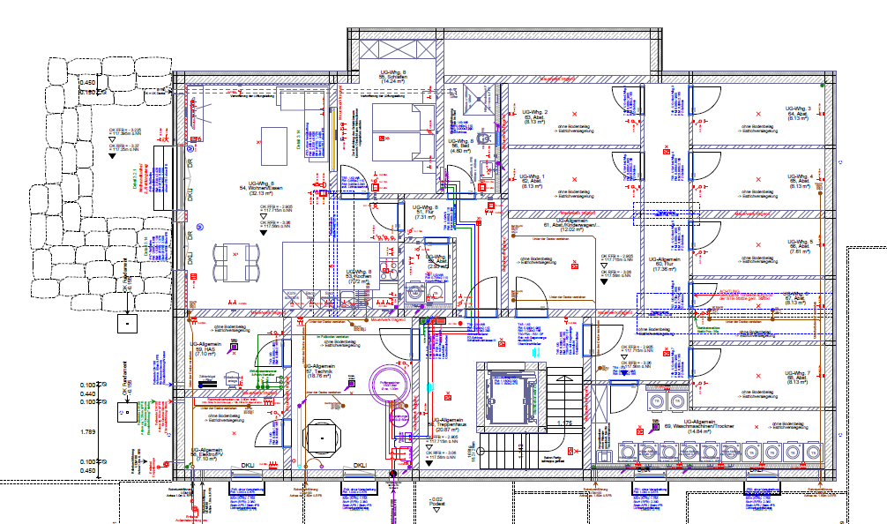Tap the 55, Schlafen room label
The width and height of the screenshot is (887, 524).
pyautogui.click(x=393, y=78)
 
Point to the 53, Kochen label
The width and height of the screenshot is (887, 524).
pyautogui.click(x=357, y=276)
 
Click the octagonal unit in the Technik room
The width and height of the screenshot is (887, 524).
pyautogui.click(x=324, y=437)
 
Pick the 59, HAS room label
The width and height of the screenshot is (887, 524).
pyautogui.click(x=204, y=349)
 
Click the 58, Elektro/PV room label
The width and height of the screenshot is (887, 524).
pyautogui.click(x=205, y=454)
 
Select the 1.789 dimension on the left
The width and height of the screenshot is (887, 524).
pyautogui.click(x=87, y=431)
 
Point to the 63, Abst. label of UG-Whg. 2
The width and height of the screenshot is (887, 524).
pyautogui.click(x=533, y=117)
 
